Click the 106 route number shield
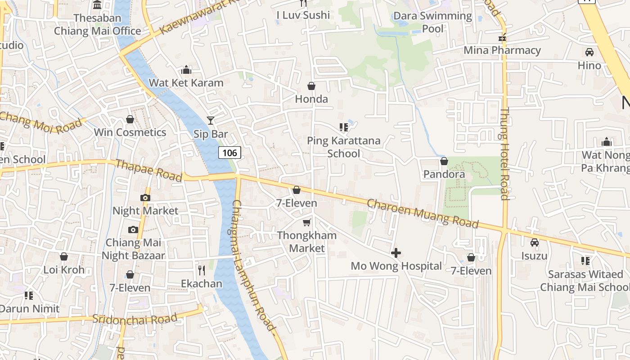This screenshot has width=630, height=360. (229, 153)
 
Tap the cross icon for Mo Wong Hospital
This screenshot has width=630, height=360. (396, 253)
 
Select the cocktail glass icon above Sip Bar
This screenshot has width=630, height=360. (211, 120)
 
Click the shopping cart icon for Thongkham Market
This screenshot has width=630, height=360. (307, 222)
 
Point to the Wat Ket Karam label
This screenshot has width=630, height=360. (186, 83)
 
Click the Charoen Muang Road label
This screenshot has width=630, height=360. (423, 213)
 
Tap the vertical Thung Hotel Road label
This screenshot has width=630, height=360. (504, 153)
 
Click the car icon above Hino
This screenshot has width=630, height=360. (589, 52)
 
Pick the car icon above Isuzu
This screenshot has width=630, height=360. (535, 242)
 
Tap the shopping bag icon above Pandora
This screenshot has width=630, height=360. (444, 161)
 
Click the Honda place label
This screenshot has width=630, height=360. (311, 99)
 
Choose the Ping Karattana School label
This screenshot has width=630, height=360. (343, 147)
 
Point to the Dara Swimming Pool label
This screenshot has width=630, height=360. (432, 22)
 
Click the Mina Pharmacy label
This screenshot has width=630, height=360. (502, 50)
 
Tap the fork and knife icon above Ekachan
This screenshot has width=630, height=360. (202, 270)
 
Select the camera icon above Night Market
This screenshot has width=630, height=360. (145, 198)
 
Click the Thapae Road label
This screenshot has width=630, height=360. (148, 170)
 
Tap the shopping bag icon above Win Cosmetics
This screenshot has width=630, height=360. (130, 119)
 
